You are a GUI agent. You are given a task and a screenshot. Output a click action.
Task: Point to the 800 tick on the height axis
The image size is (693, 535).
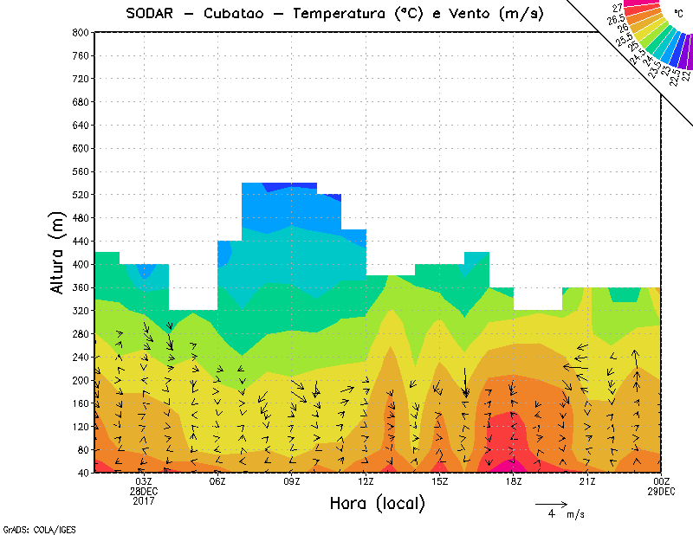tap(81, 32)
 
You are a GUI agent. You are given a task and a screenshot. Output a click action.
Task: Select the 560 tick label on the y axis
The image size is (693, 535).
tap(81, 171)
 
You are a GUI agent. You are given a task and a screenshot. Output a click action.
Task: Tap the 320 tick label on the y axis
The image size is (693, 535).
tap(81, 311)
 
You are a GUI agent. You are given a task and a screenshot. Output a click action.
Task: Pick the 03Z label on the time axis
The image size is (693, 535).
tap(144, 481)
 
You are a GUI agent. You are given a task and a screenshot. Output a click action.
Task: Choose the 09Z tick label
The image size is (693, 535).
tap(292, 481)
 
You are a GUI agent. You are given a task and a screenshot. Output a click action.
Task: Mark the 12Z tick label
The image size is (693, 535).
tap(366, 481)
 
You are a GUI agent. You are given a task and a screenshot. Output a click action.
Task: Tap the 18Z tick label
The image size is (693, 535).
tap(514, 481)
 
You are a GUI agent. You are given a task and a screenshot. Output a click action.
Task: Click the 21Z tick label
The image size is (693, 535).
tap(587, 481)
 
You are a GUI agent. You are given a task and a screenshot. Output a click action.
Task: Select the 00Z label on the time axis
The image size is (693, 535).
tap(662, 481)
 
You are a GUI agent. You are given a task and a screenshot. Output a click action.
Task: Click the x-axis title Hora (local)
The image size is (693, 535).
tap(377, 504)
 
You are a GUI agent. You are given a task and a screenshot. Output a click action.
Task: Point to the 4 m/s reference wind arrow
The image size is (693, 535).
tap(551, 503)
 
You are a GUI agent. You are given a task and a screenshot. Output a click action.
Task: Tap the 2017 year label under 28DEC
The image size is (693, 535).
tap(144, 500)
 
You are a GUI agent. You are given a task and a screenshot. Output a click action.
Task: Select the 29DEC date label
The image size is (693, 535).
tap(662, 491)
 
